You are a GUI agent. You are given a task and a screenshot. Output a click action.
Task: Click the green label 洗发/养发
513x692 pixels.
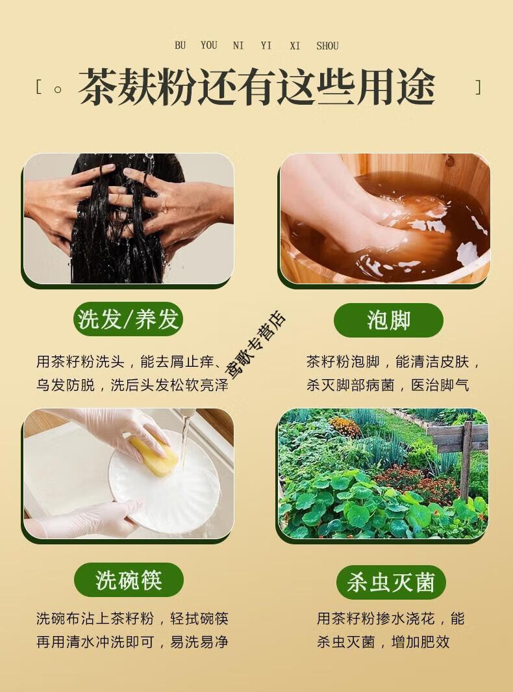click(x=129, y=319)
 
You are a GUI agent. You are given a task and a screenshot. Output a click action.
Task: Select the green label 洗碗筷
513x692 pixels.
click(x=129, y=580)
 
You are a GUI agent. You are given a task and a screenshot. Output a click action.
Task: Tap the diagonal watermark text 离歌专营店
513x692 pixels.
click(x=256, y=345)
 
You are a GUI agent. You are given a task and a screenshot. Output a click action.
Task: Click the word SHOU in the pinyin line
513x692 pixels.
click(x=327, y=46)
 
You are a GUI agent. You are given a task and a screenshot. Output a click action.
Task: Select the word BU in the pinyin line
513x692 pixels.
click(x=180, y=46)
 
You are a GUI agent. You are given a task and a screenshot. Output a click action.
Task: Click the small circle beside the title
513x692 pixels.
click(x=57, y=89)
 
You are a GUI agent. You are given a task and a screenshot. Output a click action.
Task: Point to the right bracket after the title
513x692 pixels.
click(x=478, y=87)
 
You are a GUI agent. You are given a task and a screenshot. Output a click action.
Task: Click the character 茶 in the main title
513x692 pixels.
click(x=97, y=86)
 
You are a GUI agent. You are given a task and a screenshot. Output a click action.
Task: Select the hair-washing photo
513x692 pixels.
click(x=129, y=219)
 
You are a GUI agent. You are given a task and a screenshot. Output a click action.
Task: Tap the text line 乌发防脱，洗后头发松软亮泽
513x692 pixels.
click(x=132, y=385)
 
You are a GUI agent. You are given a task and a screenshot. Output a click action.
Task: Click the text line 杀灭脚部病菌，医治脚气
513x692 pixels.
click(x=388, y=385)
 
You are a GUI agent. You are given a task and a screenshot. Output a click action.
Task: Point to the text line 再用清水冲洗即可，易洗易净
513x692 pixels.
click(x=132, y=642)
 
